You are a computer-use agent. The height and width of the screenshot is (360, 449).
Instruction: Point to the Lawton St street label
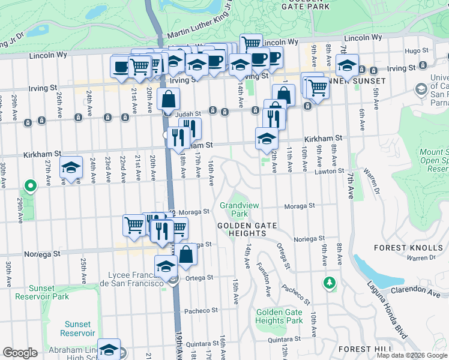point(328,172)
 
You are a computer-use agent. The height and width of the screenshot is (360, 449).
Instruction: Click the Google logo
point(20,353)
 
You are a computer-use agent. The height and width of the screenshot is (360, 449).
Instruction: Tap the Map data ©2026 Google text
point(412,355)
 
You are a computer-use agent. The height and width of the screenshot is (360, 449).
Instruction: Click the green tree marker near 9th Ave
point(329,281)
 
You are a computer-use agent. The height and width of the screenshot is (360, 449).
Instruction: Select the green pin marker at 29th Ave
point(28,186)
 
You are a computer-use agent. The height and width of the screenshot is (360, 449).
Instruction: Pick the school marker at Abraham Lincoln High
point(109,349)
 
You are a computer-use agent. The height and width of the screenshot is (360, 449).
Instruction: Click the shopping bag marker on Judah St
point(169,100)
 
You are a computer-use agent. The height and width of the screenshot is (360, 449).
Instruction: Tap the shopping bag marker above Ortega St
point(186,254)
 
